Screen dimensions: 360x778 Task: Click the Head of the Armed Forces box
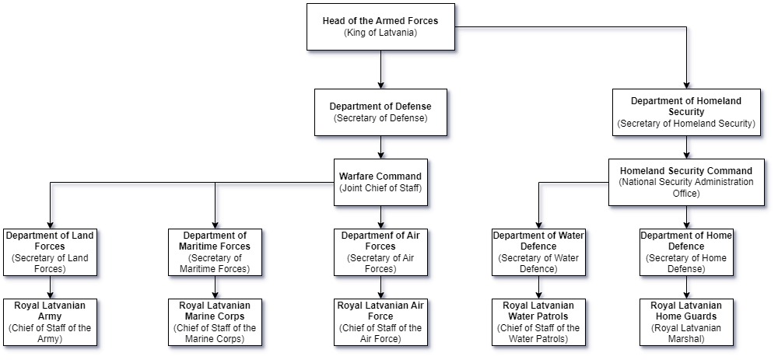(x=380, y=26)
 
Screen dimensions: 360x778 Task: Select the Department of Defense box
(x=380, y=111)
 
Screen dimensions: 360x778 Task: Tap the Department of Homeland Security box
(x=685, y=112)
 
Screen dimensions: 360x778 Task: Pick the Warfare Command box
(x=380, y=182)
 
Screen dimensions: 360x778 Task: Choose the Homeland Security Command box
(x=685, y=182)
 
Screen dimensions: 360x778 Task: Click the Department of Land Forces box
(x=51, y=252)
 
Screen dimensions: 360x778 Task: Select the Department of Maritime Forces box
(x=215, y=252)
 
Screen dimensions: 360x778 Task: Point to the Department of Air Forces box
(x=380, y=252)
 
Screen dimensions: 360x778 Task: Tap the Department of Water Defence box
(x=538, y=252)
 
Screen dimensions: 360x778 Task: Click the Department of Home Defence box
(x=685, y=252)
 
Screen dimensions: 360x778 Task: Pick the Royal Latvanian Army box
(x=51, y=322)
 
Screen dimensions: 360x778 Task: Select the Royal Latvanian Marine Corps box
(x=215, y=322)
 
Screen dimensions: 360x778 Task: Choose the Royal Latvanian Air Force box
(x=380, y=322)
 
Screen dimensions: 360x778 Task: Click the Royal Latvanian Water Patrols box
(x=538, y=322)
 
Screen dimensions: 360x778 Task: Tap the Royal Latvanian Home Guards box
(x=685, y=322)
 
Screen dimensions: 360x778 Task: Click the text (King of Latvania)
(x=380, y=33)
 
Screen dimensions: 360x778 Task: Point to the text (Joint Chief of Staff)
(x=380, y=188)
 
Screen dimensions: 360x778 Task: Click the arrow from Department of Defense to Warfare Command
(x=380, y=147)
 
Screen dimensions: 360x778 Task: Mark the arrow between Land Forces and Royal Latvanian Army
(x=51, y=287)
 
